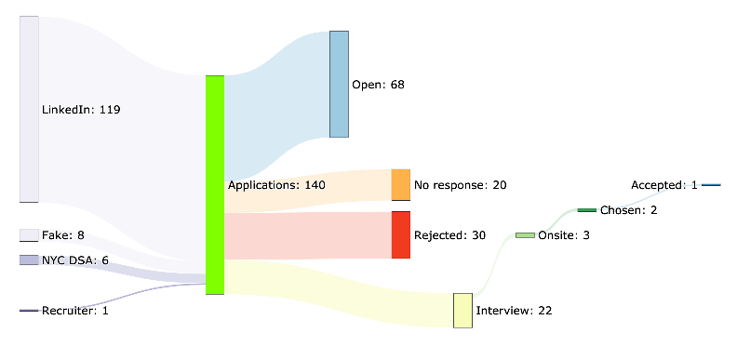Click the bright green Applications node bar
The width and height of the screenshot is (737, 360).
215,184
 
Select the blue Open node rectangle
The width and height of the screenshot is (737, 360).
339,84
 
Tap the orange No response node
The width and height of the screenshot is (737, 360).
400,185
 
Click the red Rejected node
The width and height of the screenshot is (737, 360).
400,234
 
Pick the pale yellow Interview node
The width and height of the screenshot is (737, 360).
462,310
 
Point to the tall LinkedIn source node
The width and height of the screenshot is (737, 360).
29,109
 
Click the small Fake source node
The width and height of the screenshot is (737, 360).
29,235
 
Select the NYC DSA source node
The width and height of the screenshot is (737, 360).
29,260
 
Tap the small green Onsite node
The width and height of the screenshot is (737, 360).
525,235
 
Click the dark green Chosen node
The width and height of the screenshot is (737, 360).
586,210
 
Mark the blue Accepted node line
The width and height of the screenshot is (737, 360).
711,185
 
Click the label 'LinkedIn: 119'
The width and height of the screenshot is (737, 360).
81,110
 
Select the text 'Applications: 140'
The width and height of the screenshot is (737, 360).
276,185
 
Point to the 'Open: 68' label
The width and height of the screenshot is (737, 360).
378,85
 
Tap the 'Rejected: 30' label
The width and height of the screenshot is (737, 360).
449,235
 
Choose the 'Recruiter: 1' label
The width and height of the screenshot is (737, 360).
75,311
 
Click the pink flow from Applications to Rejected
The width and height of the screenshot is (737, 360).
307,235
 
